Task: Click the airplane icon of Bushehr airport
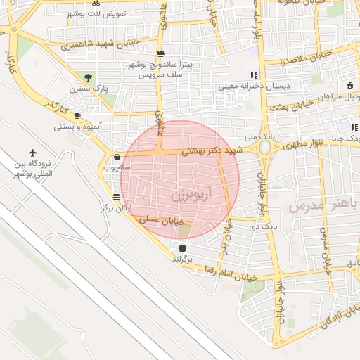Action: tap(33, 153)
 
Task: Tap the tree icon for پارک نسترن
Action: tap(88, 78)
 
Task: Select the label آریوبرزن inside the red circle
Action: tap(181, 193)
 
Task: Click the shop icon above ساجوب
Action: tap(116, 157)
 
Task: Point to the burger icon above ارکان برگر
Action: tap(116, 198)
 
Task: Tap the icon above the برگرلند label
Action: tap(183, 248)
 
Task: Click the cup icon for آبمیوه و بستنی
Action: tap(77, 115)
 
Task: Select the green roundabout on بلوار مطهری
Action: tap(265, 148)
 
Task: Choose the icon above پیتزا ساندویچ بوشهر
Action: tap(161, 53)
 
